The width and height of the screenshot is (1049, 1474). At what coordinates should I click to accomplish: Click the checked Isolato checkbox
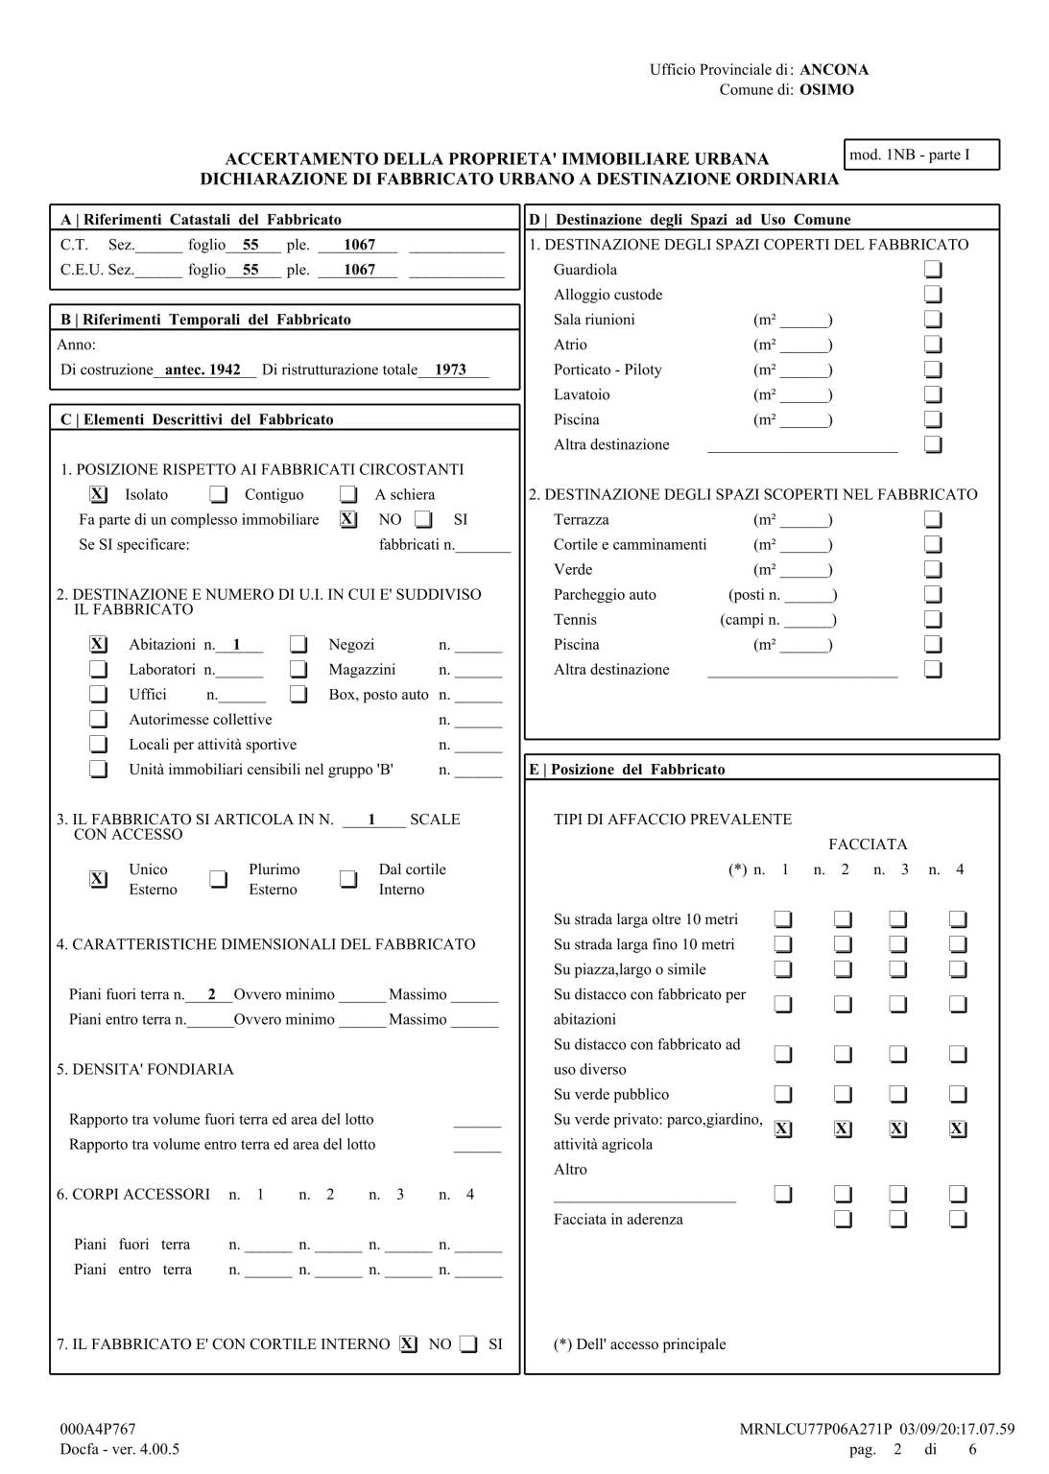click(x=98, y=495)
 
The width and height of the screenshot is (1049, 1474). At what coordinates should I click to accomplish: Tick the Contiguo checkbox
click(x=219, y=495)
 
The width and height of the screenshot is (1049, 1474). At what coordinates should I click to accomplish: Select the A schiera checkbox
click(x=348, y=495)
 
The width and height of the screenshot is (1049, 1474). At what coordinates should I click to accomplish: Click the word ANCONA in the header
click(x=834, y=70)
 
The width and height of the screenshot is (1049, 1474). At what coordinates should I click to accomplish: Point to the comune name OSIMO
click(x=826, y=90)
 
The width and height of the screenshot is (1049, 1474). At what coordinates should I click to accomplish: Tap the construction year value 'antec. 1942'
click(x=203, y=369)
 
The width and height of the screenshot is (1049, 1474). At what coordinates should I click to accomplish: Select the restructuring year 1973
click(x=450, y=369)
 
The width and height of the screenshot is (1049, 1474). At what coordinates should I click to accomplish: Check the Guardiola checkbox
click(x=933, y=270)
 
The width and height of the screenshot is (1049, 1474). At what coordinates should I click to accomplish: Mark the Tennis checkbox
click(x=933, y=620)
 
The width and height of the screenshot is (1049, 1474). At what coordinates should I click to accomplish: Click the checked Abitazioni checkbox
click(x=98, y=645)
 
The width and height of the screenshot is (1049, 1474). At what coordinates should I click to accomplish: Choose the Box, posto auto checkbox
click(x=298, y=695)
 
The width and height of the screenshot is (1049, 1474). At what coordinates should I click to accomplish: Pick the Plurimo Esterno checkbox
click(x=219, y=879)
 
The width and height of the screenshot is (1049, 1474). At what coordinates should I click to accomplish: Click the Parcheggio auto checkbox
click(x=933, y=595)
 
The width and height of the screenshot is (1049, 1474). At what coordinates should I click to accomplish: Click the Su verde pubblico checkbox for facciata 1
click(x=783, y=1095)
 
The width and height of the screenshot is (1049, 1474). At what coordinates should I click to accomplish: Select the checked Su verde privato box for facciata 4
click(x=958, y=1129)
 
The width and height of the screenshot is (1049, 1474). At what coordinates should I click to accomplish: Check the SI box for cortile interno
click(x=468, y=1344)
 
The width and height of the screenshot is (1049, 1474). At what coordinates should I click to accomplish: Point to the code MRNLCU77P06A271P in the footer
click(x=801, y=1429)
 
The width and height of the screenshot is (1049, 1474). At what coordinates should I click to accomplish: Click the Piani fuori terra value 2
click(x=211, y=995)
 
